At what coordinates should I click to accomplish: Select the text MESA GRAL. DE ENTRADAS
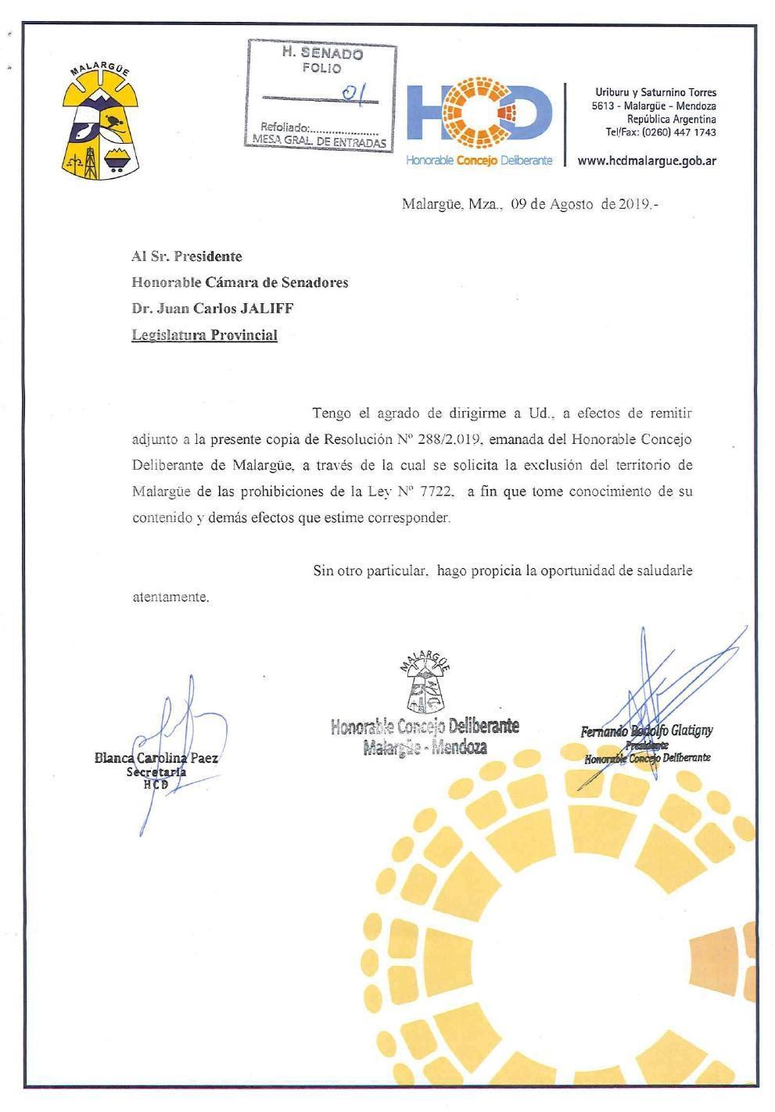[315, 142]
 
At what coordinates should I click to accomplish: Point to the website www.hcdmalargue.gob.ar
[646, 161]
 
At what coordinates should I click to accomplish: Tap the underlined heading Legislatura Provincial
[204, 335]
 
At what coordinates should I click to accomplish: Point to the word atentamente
[170, 597]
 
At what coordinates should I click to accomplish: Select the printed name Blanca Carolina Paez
[156, 757]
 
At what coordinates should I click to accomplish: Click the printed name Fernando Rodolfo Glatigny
[646, 731]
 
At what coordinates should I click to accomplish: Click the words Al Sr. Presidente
[186, 256]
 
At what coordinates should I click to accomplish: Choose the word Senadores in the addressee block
[314, 282]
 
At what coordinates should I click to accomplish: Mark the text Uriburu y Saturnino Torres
[655, 92]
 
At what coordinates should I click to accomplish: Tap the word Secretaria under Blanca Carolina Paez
[156, 772]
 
